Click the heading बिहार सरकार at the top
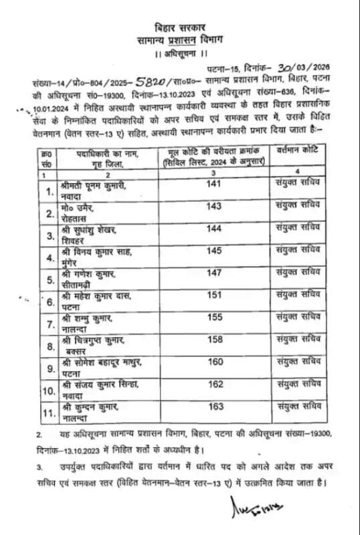(x=179, y=29)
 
